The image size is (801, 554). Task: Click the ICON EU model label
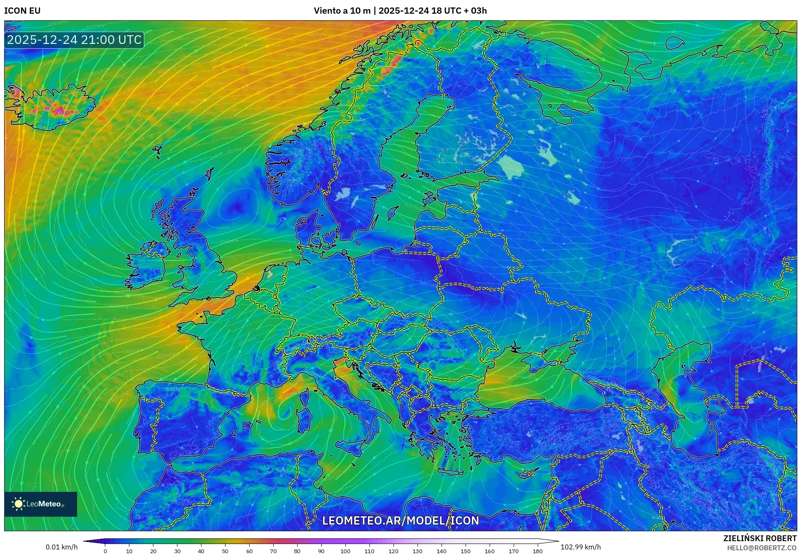(22, 11)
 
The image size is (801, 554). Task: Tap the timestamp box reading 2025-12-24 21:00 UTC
(74, 40)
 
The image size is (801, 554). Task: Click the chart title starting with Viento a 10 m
(400, 11)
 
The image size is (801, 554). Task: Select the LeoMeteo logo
(41, 504)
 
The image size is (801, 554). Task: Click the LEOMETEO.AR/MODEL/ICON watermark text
(400, 520)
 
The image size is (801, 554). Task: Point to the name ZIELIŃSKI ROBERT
(760, 538)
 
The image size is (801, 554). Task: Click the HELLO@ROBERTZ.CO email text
(762, 548)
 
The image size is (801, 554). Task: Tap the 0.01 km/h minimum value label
(61, 547)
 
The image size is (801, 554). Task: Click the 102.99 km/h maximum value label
(580, 547)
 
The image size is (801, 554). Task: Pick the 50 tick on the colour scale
(225, 551)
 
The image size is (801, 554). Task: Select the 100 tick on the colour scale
(345, 551)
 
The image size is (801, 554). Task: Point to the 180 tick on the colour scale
(538, 551)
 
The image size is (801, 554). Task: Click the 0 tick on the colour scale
(105, 551)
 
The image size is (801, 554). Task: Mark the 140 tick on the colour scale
(442, 551)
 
